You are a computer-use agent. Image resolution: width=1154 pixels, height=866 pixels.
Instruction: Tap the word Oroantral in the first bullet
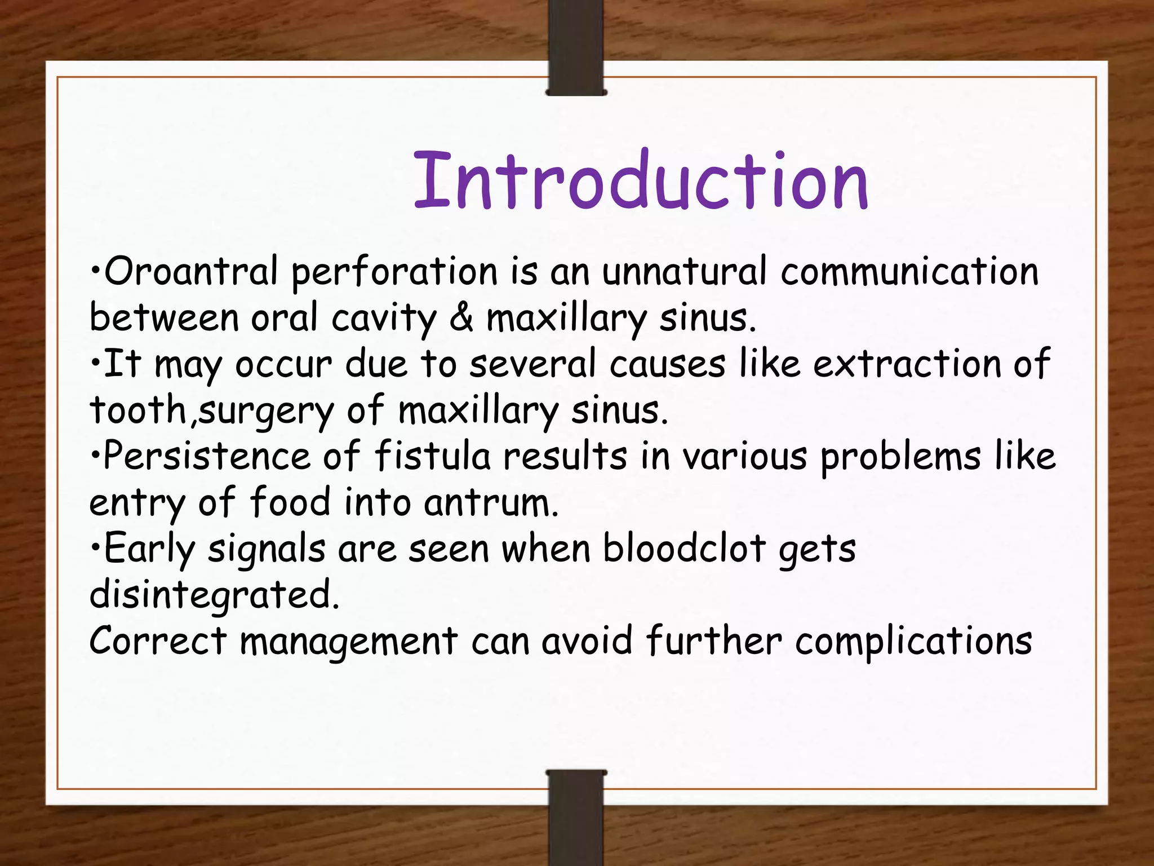(x=191, y=271)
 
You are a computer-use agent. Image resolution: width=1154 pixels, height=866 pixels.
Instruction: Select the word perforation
(x=394, y=272)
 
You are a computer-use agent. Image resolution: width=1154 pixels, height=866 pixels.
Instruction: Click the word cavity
(x=384, y=319)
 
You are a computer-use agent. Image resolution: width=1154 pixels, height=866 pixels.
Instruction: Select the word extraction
(x=907, y=364)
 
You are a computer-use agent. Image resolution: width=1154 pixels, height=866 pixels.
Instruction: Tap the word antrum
(x=491, y=502)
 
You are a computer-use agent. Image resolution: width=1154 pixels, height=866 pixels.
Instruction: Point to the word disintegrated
(x=215, y=595)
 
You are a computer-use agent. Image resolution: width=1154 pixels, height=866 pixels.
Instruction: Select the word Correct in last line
(x=158, y=641)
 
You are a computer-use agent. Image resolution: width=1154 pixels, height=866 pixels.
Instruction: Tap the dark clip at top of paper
(x=576, y=76)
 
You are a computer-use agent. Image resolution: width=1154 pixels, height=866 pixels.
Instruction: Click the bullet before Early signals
(x=95, y=547)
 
